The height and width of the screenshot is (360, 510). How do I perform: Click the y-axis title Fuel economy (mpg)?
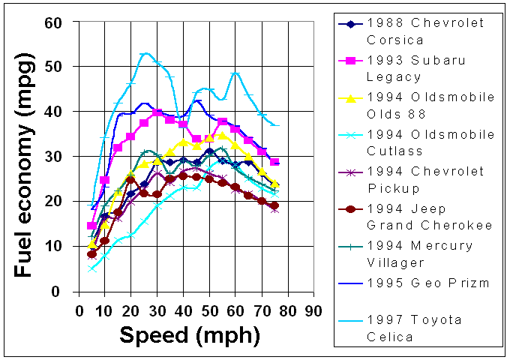(25, 157)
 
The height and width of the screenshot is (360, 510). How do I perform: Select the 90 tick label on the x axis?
(313, 307)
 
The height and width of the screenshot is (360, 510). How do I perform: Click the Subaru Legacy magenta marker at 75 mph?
(274, 162)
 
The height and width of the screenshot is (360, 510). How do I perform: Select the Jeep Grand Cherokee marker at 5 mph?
(92, 253)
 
